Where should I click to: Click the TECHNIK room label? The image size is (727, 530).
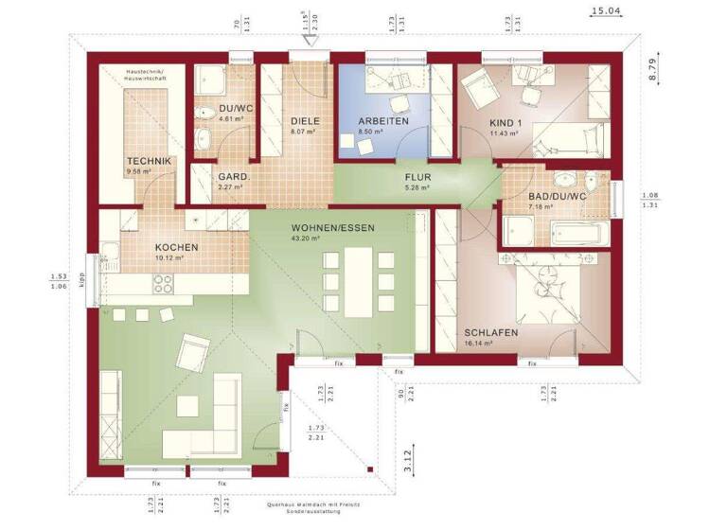tap(150, 162)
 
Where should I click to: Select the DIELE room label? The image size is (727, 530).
tap(305, 121)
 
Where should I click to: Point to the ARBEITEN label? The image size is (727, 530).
tap(383, 122)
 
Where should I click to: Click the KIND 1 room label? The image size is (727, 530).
tap(505, 123)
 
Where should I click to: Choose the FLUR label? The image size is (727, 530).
tap(418, 177)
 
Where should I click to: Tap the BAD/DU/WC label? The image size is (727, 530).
tap(558, 196)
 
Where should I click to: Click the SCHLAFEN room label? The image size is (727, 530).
tap(490, 333)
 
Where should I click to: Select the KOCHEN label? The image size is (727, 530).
tap(177, 247)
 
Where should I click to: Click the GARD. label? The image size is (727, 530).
tap(233, 177)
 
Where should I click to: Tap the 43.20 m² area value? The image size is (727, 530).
tap(306, 238)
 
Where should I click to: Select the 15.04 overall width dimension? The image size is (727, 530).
tap(606, 11)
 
